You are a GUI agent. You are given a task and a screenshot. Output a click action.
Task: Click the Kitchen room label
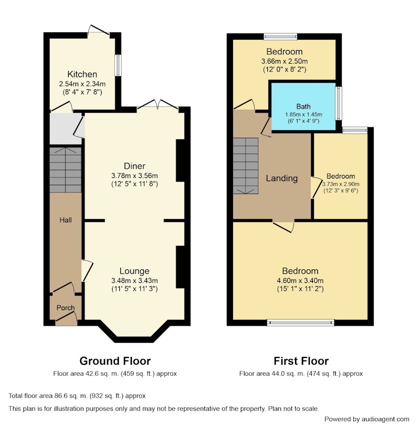pos(82,74)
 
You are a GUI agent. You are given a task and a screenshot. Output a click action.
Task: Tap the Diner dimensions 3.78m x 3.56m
pos(134,175)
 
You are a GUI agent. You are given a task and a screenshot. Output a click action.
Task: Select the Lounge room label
pos(134,271)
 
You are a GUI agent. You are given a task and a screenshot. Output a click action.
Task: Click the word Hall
pos(66,220)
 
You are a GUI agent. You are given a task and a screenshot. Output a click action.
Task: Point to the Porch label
pos(66,307)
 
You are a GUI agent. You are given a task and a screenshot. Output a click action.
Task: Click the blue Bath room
pos(303,106)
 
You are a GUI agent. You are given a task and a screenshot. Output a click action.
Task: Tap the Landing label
pos(281,178)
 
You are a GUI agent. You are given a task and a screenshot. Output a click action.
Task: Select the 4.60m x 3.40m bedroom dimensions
pos(300,280)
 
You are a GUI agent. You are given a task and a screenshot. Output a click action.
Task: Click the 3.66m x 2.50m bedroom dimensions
pos(285,61)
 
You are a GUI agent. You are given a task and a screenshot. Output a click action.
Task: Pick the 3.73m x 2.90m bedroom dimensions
pos(341,184)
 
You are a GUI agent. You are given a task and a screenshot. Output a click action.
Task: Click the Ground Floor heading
pos(115,361)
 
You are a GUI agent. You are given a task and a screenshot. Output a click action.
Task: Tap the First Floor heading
pos(301,361)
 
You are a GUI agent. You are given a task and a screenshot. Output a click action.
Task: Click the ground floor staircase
pos(66,170)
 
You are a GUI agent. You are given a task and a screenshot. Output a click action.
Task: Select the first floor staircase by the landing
pos(246,166)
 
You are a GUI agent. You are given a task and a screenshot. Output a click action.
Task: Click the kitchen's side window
pos(118,65)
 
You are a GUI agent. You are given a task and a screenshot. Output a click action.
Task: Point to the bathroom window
pos(339,103)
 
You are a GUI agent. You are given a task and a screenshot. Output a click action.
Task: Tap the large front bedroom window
pos(301,323)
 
